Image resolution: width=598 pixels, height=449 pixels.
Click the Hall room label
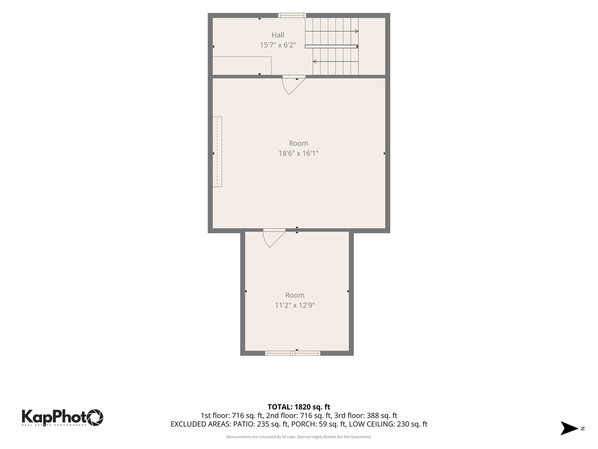coord(278,35)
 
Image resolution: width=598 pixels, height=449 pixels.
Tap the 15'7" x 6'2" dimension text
coord(278,45)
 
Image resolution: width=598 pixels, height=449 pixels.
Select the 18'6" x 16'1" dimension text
coord(298,153)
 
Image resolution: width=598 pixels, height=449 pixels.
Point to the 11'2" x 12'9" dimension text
coord(295,305)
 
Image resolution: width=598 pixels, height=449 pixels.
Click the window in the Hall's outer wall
coord(292,15)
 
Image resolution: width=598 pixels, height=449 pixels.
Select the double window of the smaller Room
coord(293,353)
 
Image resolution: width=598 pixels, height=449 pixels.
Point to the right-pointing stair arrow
coord(331,31)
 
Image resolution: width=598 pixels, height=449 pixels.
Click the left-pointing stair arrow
coord(336,62)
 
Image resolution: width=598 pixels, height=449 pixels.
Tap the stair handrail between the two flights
coord(331,47)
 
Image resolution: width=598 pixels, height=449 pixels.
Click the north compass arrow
coord(569,428)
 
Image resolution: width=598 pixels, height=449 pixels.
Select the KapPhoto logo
coord(62,418)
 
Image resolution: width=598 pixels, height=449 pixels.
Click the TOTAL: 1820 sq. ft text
coord(299,407)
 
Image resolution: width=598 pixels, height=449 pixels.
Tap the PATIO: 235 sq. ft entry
coord(261,424)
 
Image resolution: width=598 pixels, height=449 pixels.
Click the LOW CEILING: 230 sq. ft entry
coord(388,424)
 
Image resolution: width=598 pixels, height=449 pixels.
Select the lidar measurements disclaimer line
coord(299,437)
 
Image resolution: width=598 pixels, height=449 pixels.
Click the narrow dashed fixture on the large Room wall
coord(217,152)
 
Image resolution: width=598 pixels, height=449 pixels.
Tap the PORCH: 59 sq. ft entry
coord(319,424)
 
